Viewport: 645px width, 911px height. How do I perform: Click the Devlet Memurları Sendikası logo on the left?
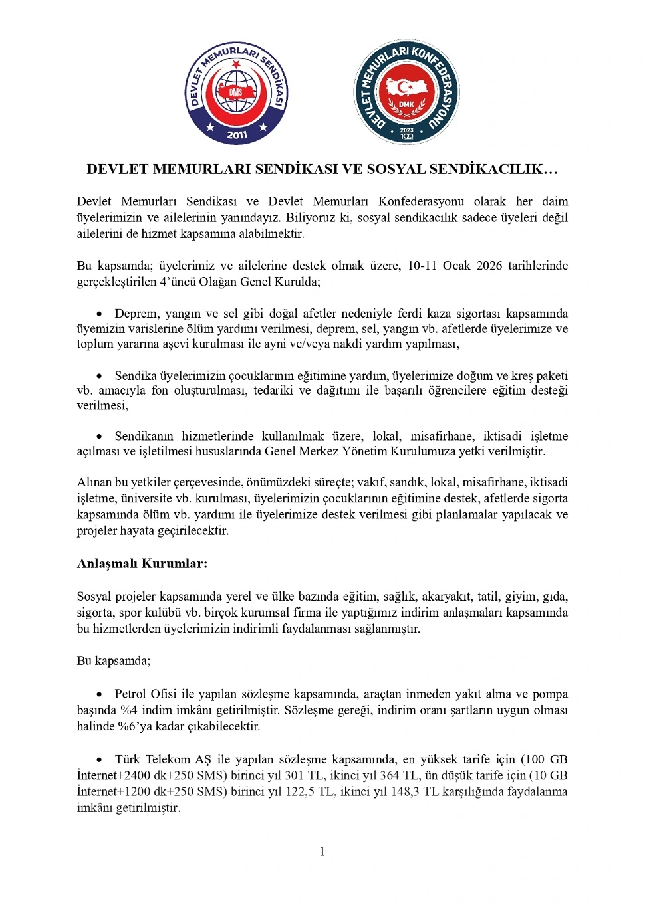point(236,92)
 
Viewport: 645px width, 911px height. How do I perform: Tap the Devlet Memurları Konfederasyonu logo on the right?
point(406,92)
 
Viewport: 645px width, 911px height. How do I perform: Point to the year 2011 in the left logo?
point(237,135)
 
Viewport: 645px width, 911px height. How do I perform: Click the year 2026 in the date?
point(489,266)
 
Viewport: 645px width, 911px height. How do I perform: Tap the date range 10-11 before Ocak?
point(422,266)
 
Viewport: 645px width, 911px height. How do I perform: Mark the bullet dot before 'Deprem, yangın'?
point(100,314)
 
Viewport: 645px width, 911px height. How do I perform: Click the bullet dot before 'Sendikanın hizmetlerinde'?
point(100,437)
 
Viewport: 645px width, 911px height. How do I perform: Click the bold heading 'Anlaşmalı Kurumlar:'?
point(142,563)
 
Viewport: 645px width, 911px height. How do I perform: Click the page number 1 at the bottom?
point(322,851)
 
